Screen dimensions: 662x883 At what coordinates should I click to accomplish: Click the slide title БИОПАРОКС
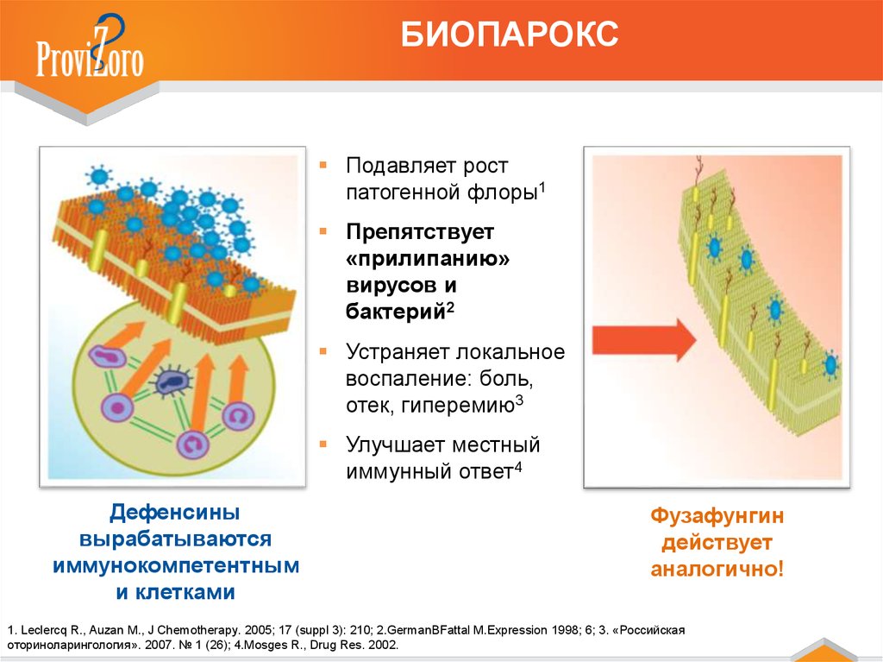click(x=510, y=35)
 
